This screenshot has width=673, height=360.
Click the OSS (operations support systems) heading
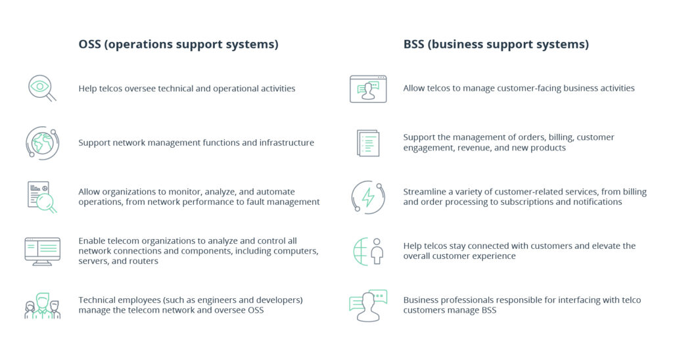click(178, 45)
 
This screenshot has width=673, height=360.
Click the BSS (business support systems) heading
click(496, 45)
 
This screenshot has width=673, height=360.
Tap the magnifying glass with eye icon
click(41, 88)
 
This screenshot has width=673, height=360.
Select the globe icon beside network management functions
click(41, 143)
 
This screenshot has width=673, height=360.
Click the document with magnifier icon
click(41, 196)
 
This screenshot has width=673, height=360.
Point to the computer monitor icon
click(42, 251)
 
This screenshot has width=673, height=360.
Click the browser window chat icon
click(367, 89)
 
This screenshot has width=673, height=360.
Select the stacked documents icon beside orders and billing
click(368, 143)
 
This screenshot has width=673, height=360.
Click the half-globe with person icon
click(368, 251)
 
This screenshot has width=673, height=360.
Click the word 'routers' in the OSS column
click(142, 261)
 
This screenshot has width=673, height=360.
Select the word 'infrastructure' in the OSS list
click(282, 143)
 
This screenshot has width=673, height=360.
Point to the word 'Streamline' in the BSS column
click(425, 192)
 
